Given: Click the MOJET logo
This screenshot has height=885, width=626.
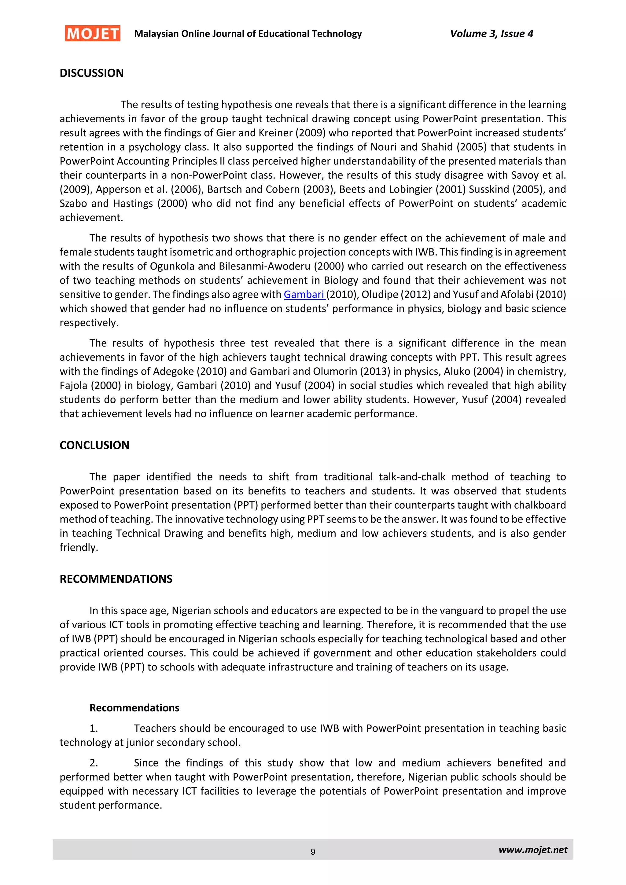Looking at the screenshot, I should (93, 34).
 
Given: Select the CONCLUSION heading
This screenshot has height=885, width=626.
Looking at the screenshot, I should (94, 445).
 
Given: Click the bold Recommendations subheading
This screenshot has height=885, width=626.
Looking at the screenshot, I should (134, 708).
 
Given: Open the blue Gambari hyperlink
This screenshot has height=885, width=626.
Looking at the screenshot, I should (304, 295).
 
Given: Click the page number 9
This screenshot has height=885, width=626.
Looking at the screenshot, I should (313, 852).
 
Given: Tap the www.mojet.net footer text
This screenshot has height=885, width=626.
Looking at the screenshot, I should (533, 850).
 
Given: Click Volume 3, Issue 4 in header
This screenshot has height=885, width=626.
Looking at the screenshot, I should (491, 34).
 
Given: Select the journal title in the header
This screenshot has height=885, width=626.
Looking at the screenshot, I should (248, 34).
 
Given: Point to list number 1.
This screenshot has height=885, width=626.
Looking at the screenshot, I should (94, 729).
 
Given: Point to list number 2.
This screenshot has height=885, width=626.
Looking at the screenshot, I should (94, 763).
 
